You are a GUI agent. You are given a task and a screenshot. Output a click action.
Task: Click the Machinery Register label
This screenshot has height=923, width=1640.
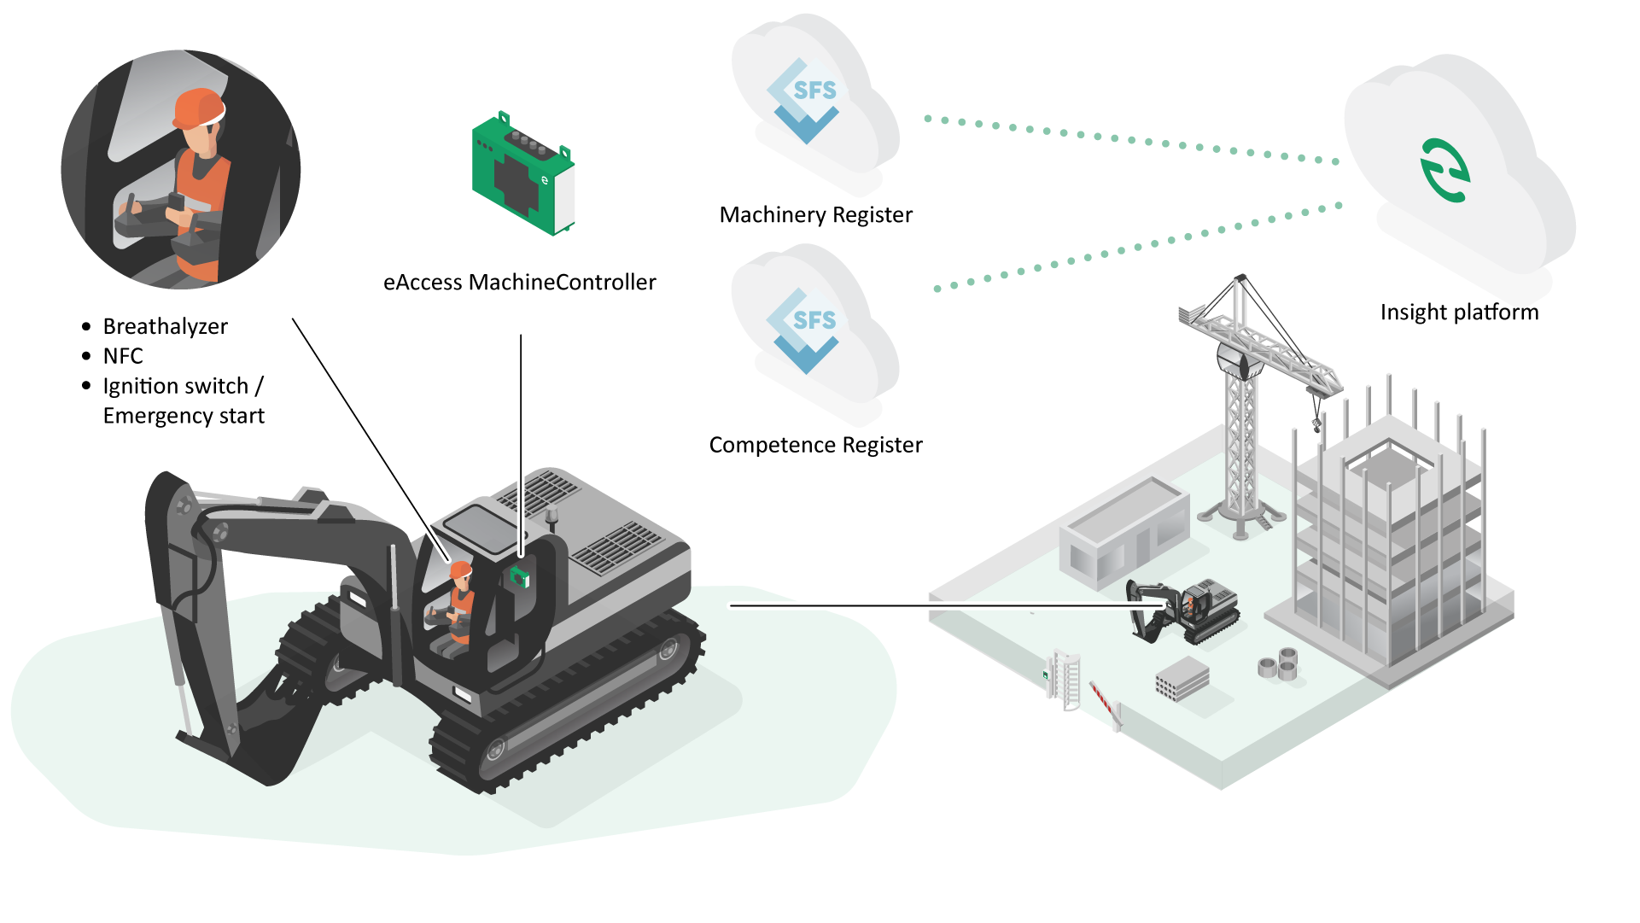point(815,214)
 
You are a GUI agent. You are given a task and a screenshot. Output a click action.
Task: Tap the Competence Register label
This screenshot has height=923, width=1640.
point(815,445)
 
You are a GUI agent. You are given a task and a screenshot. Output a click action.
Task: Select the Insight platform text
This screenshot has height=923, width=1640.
point(1459,313)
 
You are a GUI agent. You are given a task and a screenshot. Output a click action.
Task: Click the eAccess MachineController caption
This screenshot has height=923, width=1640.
point(519,283)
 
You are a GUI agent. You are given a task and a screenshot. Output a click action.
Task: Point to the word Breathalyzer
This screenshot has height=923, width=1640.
point(166,327)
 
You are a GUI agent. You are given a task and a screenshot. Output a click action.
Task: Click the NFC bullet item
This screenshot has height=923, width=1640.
point(123,356)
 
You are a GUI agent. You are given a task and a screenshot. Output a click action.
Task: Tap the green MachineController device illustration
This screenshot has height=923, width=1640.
point(523,173)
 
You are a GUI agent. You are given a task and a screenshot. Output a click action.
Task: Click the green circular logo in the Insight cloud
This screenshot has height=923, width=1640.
point(1444,171)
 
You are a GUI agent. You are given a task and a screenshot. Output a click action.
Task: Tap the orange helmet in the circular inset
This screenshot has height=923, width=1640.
point(200,108)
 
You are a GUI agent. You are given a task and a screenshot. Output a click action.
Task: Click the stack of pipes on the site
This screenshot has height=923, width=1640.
point(1278,663)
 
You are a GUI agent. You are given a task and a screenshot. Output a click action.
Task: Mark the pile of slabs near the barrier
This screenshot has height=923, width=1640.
point(1182,680)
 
